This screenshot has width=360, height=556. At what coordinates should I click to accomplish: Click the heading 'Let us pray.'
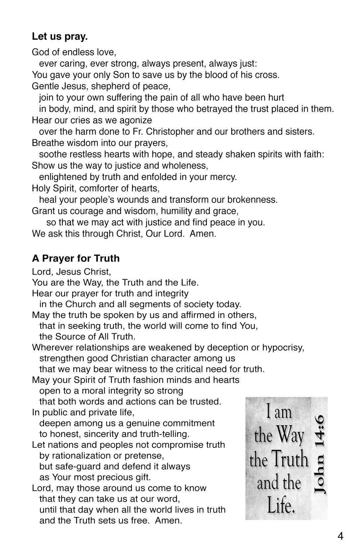click(60, 36)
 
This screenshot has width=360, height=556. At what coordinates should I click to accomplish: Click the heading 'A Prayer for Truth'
click(76, 258)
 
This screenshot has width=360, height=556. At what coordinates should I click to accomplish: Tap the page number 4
click(340, 536)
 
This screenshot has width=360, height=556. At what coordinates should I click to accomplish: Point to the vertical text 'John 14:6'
click(319, 454)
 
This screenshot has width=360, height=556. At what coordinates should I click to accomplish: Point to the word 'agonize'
click(136, 120)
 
